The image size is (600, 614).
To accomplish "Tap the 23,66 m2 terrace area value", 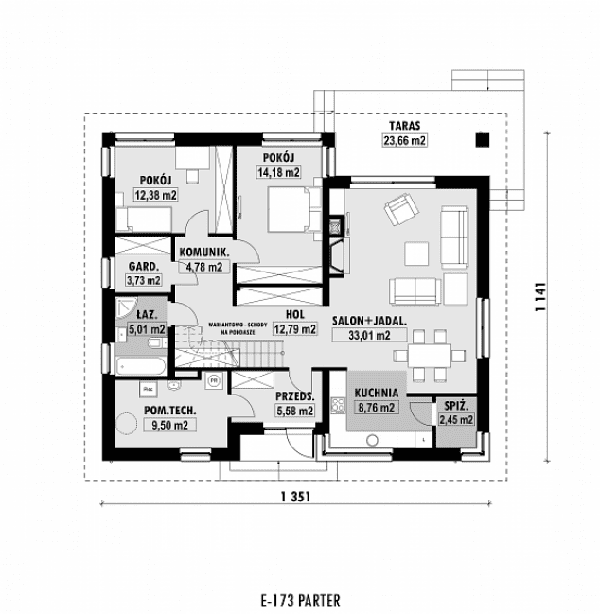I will coord(404,140).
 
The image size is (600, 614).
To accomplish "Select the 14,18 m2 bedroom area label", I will coord(277,172).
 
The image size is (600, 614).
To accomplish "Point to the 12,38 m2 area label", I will coord(156,195).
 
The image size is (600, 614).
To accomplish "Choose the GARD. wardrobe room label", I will coord(144,267).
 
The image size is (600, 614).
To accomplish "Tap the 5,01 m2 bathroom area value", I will coord(146,330).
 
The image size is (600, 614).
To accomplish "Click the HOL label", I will coord(294,316).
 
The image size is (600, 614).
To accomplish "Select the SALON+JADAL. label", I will coord(369,320).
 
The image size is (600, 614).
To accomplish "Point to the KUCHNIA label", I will coord(377,394).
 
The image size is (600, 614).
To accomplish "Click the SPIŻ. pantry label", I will coord(452,406).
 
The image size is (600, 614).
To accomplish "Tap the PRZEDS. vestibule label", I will coord(294,398).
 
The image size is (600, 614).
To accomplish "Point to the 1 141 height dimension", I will coord(540,296).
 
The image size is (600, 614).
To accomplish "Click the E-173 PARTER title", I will coord(298,599).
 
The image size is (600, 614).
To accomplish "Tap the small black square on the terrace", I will coord(482,140).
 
